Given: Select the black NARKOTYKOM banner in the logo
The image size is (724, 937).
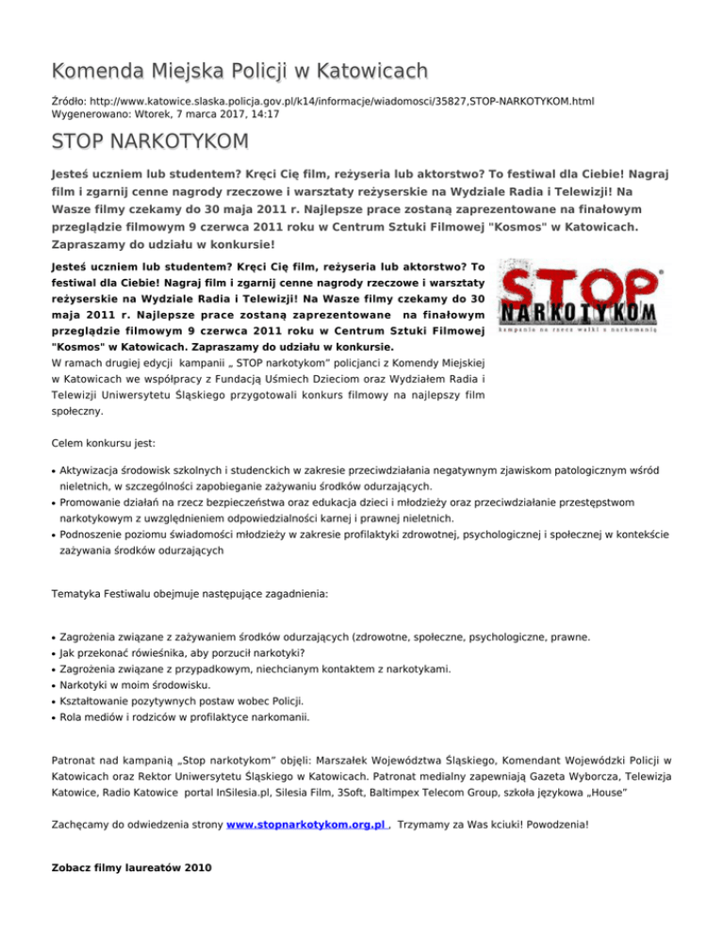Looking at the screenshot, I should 578,311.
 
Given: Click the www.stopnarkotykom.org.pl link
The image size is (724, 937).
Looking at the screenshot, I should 306,823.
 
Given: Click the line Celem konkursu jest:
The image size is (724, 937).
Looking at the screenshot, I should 97,440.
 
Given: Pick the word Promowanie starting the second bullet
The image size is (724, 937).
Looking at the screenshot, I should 95,501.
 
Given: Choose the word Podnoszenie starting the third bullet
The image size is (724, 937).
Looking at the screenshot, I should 97,534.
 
